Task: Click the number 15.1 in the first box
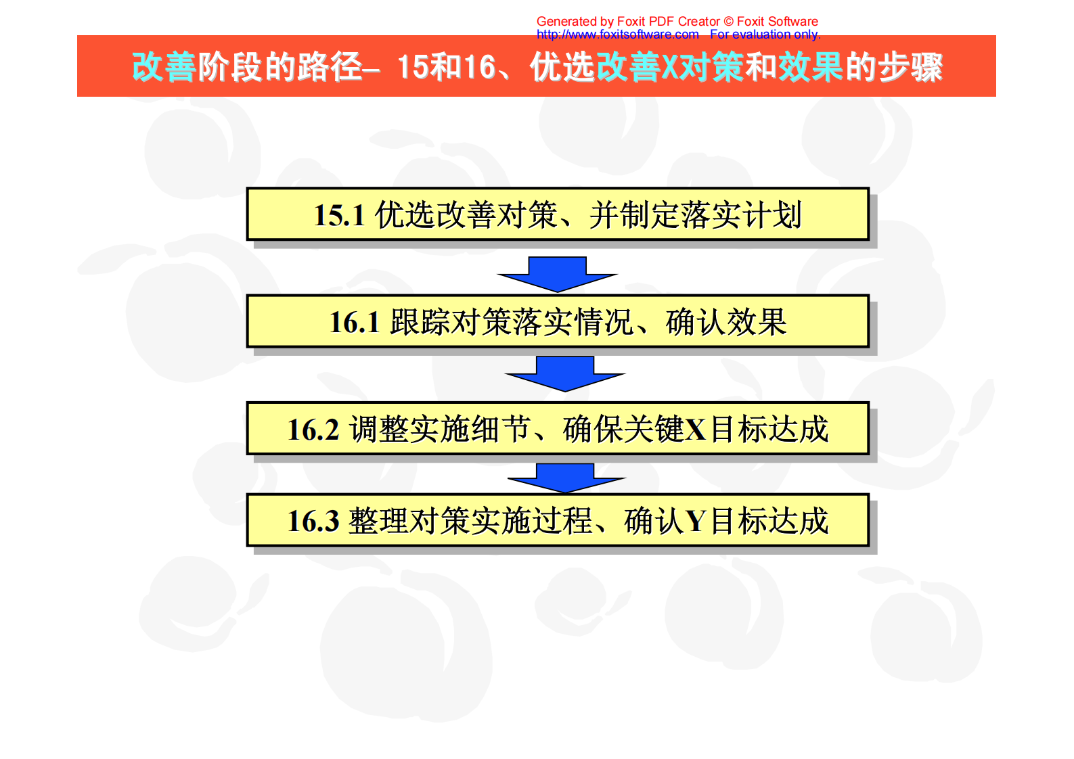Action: pos(339,216)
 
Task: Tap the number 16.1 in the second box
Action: pos(354,323)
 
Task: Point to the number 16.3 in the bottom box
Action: pos(313,522)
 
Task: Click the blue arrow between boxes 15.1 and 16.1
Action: pos(557,274)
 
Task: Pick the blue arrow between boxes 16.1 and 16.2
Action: pos(565,374)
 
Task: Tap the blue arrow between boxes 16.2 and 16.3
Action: pos(566,478)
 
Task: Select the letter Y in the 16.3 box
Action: pos(696,522)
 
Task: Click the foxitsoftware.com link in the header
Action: pos(617,34)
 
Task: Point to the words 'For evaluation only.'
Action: pos(765,34)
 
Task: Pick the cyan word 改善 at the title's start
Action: pos(164,67)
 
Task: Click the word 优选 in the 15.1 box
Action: pos(405,216)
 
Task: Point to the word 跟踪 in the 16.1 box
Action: pos(420,323)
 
